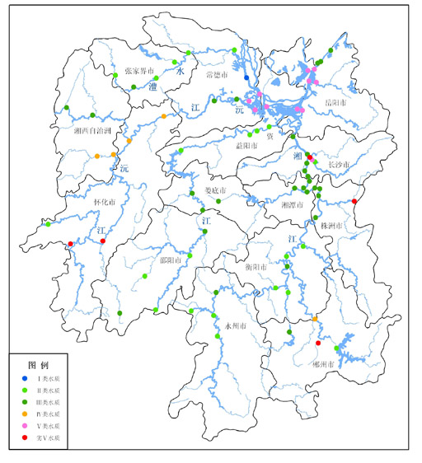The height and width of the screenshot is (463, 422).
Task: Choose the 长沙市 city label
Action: point(339,165)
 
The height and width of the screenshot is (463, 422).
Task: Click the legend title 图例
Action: point(39,364)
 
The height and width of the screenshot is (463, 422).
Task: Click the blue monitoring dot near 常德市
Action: point(246,78)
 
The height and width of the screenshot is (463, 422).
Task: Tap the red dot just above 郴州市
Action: point(318,343)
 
